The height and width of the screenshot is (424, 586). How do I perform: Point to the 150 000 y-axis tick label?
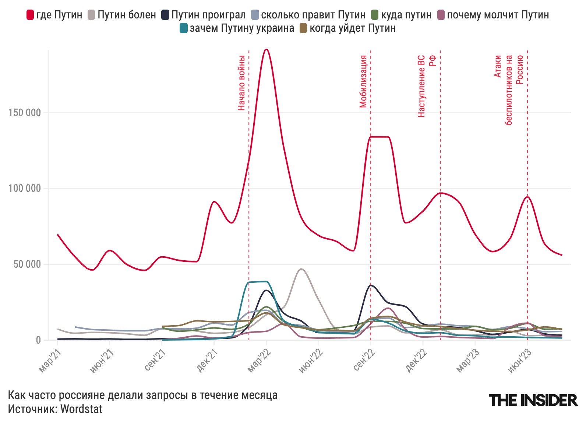(25, 113)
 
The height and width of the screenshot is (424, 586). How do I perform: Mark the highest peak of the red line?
(266, 49)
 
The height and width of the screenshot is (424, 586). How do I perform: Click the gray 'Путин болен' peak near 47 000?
(301, 269)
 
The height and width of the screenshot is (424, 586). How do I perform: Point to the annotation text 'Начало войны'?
(241, 83)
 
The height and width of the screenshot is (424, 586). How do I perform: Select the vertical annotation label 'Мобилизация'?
(363, 81)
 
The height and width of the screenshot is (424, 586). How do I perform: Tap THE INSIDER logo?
(533, 400)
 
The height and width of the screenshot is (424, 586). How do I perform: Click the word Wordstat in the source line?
(81, 409)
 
